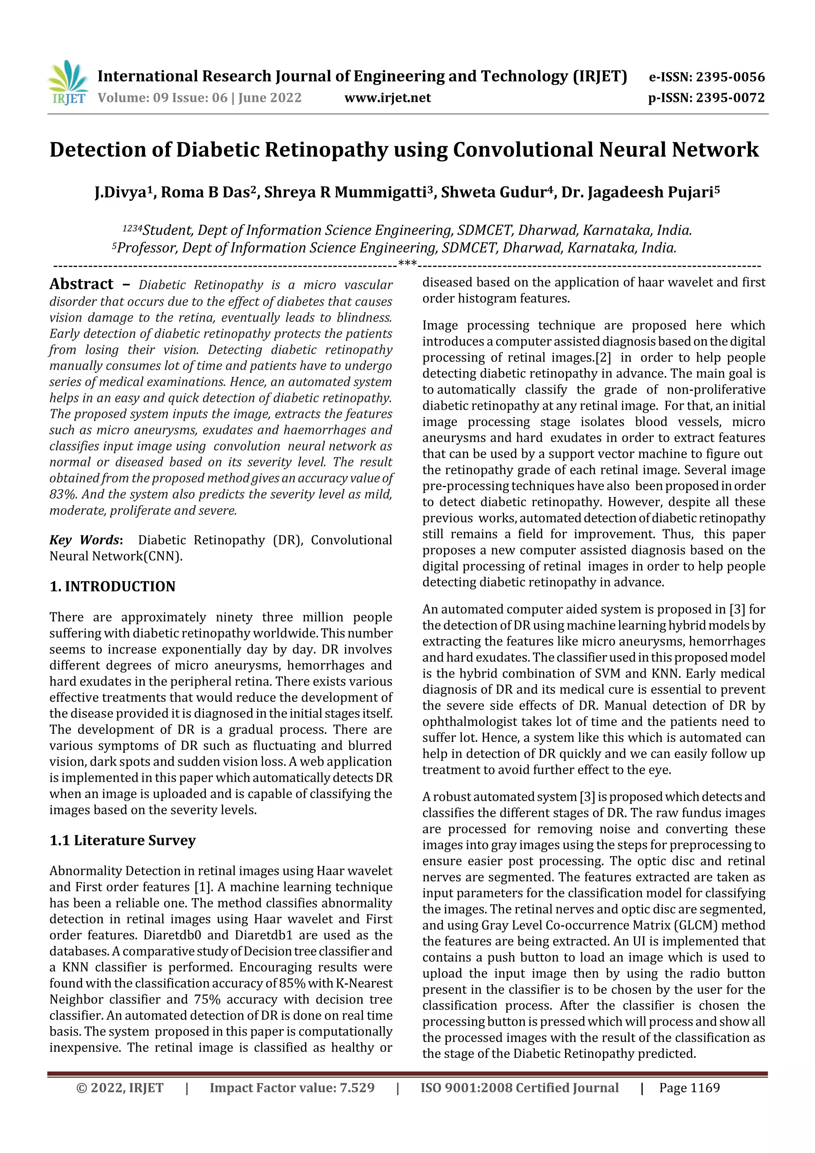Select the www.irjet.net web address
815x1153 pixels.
387,98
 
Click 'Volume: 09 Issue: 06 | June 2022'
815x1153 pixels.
199,98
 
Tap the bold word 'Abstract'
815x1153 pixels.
81,284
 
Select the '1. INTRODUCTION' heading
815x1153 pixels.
113,587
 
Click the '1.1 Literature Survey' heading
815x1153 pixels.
123,841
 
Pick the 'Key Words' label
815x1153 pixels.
84,540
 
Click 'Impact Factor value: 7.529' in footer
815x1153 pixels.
292,1088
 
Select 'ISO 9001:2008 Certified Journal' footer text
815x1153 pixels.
519,1088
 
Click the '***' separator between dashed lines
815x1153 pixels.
407,263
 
